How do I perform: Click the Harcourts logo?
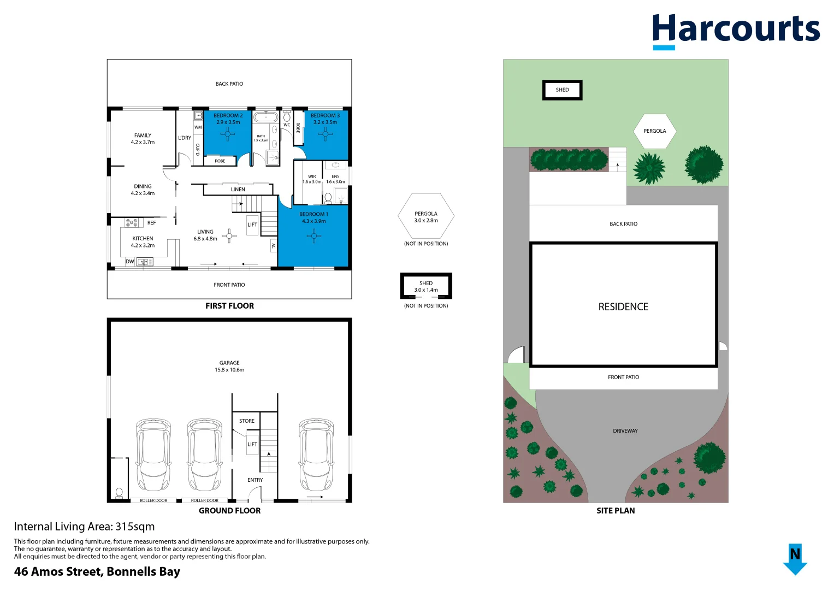tap(736, 31)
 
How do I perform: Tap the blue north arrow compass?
tap(795, 559)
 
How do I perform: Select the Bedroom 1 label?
tap(314, 214)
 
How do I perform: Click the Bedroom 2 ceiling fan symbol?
tap(227, 134)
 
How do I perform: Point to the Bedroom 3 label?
tap(325, 115)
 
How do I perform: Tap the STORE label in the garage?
tap(247, 421)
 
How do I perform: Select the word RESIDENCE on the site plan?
tap(623, 307)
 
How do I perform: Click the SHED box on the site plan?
tap(562, 90)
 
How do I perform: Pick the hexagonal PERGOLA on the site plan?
tap(654, 131)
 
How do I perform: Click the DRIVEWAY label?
tap(625, 431)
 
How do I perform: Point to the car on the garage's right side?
tap(316, 455)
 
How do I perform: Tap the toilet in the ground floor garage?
tap(119, 493)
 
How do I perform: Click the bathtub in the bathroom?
tap(265, 117)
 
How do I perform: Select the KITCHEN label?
tap(143, 239)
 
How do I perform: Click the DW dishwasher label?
tap(130, 262)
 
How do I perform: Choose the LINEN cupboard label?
tap(238, 190)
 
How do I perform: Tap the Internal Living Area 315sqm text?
tap(84, 527)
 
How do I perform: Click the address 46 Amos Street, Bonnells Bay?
tap(97, 571)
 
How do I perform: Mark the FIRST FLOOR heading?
tap(229, 306)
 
